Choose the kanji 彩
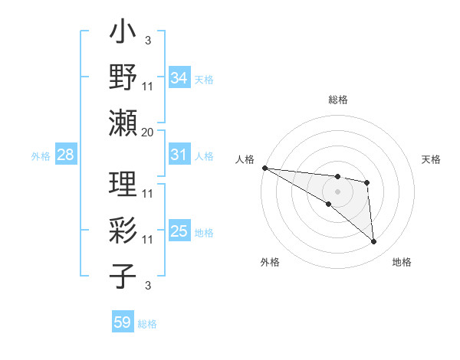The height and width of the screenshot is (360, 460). (123, 231)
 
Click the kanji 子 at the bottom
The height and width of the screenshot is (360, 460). (123, 275)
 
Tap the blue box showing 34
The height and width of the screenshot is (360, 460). (179, 77)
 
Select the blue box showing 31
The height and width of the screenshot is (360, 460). (179, 155)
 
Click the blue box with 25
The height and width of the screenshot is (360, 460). (179, 231)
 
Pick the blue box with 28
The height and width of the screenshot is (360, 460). (65, 155)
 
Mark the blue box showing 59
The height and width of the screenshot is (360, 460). (123, 322)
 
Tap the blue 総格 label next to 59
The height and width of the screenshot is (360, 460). (148, 324)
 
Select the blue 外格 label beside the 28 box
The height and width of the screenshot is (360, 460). (41, 156)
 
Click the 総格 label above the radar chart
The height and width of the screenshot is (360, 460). (337, 100)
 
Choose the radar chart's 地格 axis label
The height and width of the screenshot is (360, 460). (402, 262)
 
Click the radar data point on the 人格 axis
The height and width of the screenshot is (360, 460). (264, 167)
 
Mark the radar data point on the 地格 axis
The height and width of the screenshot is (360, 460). (373, 242)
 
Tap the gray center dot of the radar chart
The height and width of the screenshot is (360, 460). (337, 191)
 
